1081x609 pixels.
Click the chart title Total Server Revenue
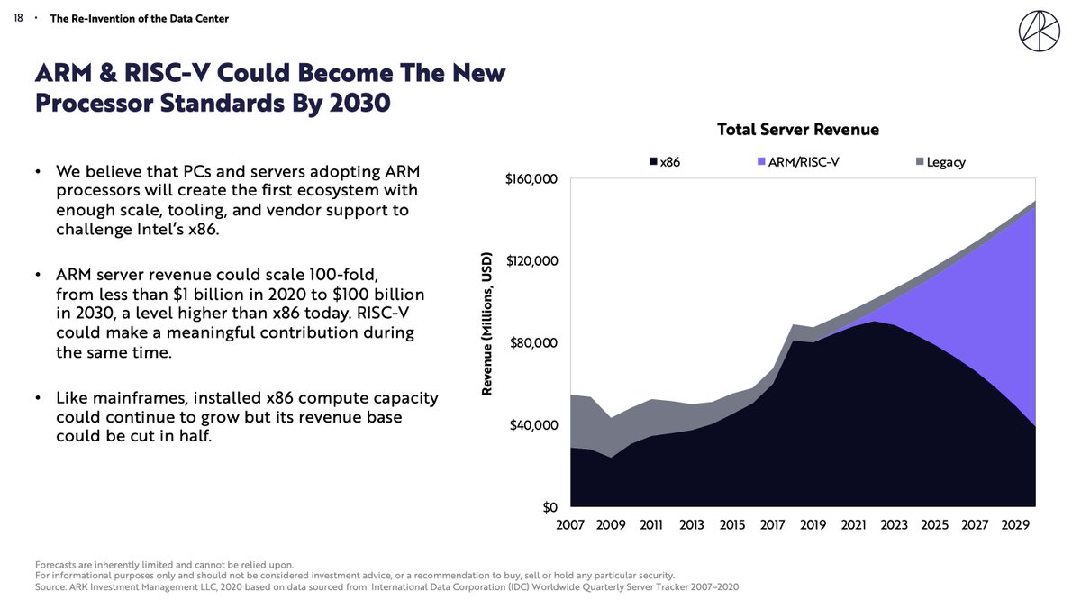point(797,129)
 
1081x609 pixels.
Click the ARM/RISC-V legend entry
point(803,162)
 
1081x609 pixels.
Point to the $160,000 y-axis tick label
point(531,178)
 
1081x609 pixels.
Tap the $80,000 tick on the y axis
point(535,343)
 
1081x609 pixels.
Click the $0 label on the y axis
point(550,507)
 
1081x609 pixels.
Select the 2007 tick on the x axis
point(571,525)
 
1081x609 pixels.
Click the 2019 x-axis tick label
point(813,525)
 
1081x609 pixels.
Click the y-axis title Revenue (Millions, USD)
point(486,323)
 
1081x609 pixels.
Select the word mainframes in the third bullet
point(133,397)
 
